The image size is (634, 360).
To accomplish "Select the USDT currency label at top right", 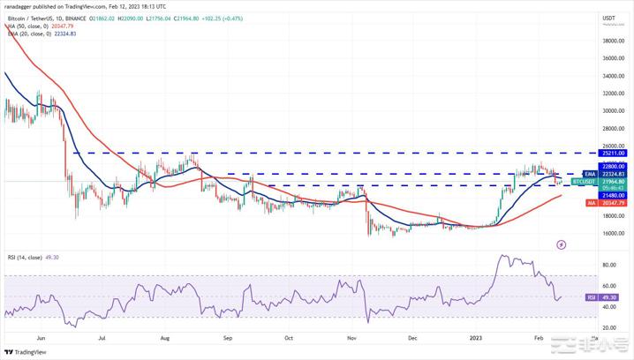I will coord(608,18).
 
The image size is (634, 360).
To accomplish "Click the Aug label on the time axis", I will coord(164,336).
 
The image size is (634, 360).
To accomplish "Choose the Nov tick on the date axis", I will coord(351,336).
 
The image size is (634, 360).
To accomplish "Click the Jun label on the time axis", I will coord(42,336).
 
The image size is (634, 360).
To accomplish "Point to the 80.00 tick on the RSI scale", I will coord(609,265).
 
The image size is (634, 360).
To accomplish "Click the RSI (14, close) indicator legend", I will coord(36,255).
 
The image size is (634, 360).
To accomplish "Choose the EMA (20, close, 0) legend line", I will coord(40,34).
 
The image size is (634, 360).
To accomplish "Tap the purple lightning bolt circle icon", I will coord(562,244).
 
